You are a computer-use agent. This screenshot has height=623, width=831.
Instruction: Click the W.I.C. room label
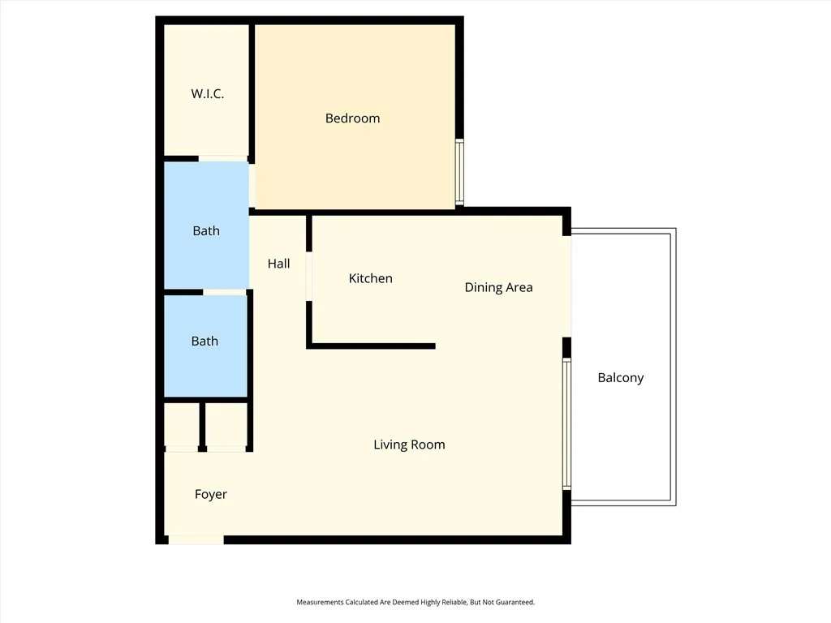[207, 94]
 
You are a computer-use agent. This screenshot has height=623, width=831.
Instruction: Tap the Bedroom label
[352, 118]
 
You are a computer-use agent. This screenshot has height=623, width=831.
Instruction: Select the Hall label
[278, 264]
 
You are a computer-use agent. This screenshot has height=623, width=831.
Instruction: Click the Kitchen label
[370, 279]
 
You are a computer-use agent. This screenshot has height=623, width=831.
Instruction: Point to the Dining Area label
[498, 287]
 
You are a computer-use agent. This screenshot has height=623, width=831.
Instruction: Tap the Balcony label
[620, 377]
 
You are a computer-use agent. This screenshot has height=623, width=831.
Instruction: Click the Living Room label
[409, 445]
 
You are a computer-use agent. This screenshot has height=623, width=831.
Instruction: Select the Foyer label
[210, 494]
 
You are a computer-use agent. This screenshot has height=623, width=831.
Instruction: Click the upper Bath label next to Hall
[206, 231]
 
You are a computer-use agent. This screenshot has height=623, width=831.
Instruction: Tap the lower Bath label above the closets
[205, 342]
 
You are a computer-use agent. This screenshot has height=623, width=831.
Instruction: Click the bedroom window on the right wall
[459, 172]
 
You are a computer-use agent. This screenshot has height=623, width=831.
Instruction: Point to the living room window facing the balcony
[567, 423]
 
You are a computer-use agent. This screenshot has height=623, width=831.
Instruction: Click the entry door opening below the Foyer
[196, 539]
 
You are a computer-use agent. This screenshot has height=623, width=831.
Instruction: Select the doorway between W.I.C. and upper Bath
[223, 159]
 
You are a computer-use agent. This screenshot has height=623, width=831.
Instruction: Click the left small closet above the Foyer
[182, 424]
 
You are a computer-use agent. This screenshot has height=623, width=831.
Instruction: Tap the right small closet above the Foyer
[226, 424]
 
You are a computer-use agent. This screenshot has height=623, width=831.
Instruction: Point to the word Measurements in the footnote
[321, 602]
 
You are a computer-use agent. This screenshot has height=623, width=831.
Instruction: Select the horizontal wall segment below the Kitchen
[372, 346]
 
